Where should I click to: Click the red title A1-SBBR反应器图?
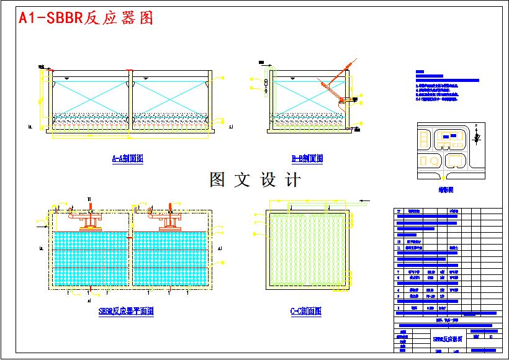pyautogui.click(x=86, y=19)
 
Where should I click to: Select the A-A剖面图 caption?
pyautogui.click(x=127, y=159)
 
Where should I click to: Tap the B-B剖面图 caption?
pyautogui.click(x=307, y=159)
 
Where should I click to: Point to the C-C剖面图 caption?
pyautogui.click(x=306, y=312)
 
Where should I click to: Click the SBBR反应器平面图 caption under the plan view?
pyautogui.click(x=126, y=312)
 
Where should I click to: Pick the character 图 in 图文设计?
pyautogui.click(x=217, y=180)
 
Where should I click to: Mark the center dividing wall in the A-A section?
pyautogui.click(x=130, y=102)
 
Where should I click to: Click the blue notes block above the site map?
pyautogui.click(x=446, y=88)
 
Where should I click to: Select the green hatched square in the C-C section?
pyautogui.click(x=306, y=248)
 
